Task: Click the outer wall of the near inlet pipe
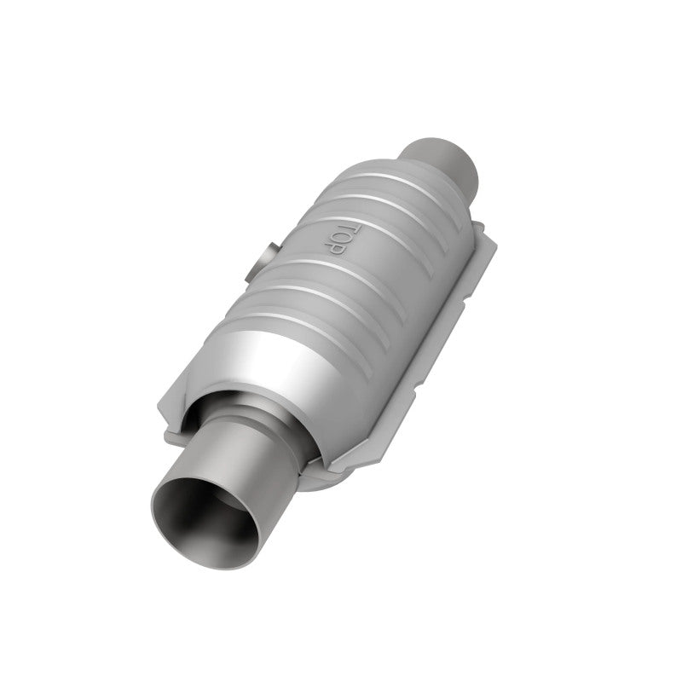point(256,460)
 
